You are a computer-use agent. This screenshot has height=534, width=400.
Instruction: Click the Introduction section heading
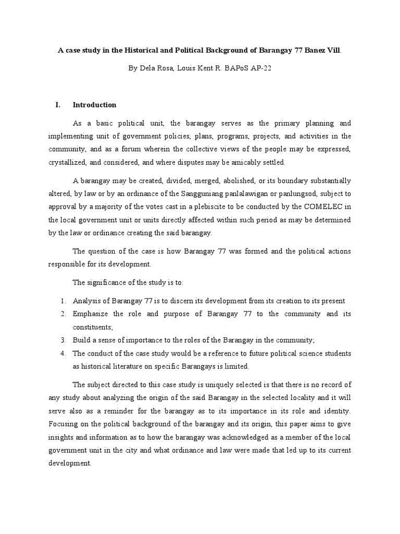94,105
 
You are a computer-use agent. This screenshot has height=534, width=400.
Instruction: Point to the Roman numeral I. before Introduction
58,105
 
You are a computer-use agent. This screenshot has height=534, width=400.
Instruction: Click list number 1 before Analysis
63,301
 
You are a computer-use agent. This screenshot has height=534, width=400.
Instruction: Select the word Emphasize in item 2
90,314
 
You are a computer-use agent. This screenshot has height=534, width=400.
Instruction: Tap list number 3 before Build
63,340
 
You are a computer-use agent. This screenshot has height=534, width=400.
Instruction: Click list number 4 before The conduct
63,353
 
